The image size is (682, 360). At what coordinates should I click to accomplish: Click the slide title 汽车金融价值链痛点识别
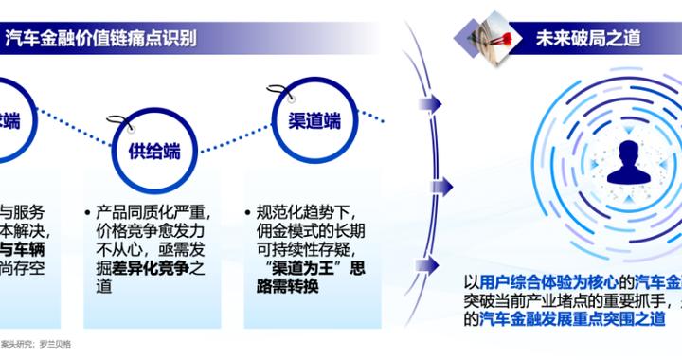pos(110,39)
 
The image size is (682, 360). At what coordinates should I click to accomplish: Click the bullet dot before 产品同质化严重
pos(87,212)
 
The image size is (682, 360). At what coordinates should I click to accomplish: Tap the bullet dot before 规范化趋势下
pos(248,212)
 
